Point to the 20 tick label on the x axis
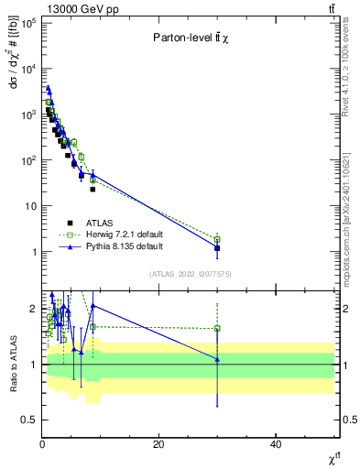pos(159,444)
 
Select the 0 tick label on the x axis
pos(42,444)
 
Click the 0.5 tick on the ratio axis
pos(30,420)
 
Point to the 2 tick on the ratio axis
pos(34,309)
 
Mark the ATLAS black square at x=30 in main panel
pos(217,248)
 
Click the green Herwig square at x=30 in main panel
pos(217,239)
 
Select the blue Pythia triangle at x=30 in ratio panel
pos(217,359)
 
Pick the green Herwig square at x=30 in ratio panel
pos(217,328)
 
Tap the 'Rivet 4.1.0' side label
pos(351,69)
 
